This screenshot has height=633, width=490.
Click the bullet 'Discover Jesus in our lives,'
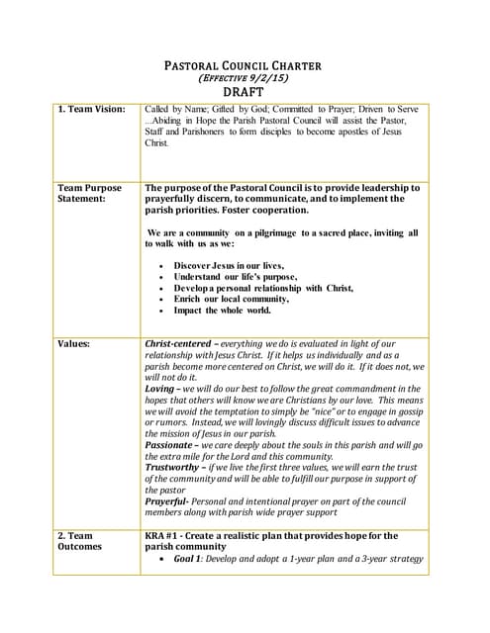[229, 266]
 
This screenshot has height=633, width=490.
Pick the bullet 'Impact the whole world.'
[222, 310]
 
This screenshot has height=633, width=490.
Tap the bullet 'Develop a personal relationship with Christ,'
[263, 288]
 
